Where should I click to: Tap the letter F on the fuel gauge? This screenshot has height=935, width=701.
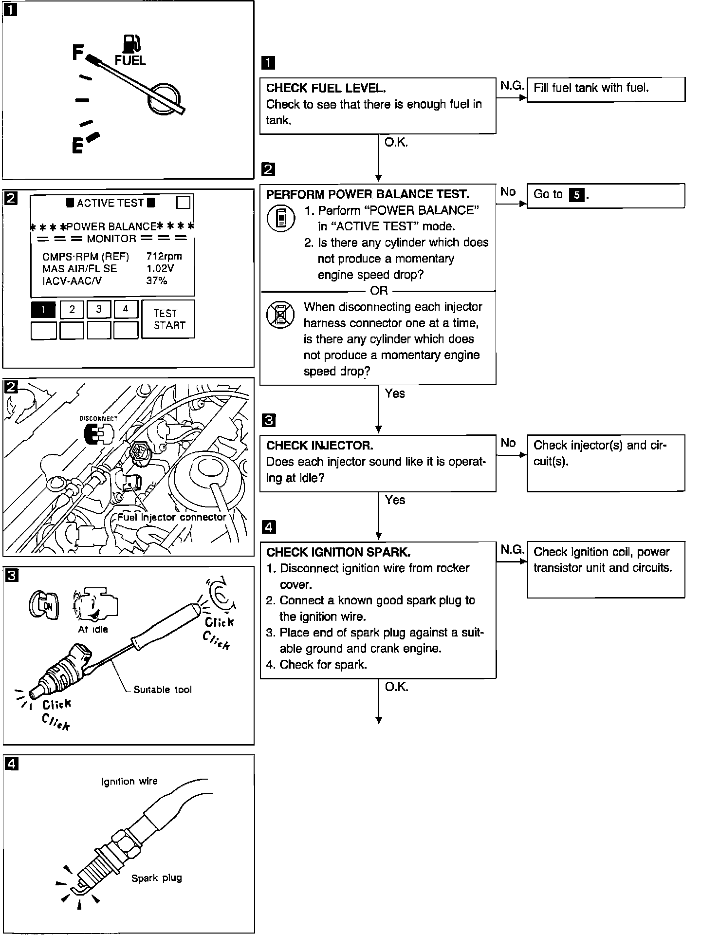click(78, 52)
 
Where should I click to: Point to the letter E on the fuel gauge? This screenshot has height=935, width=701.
click(77, 145)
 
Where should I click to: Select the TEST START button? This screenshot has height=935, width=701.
click(168, 319)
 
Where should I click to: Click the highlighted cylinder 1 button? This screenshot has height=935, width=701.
click(44, 309)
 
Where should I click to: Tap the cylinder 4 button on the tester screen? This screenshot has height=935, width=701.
click(126, 309)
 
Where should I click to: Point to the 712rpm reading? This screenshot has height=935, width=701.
click(164, 256)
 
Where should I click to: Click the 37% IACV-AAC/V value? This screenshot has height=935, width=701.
click(157, 281)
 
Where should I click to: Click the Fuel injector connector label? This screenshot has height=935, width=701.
click(171, 517)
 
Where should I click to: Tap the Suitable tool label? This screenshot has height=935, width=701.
click(163, 690)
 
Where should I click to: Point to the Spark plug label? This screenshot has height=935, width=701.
click(156, 878)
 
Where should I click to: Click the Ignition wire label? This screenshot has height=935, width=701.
click(129, 782)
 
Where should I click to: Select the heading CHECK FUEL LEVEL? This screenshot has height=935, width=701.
click(326, 88)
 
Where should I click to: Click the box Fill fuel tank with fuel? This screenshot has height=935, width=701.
click(606, 89)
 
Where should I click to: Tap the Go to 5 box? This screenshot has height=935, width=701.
click(606, 195)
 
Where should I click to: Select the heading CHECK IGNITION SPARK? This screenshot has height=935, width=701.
click(338, 552)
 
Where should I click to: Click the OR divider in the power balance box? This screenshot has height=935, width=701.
click(378, 291)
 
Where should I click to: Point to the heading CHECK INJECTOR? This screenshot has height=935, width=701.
click(320, 446)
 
